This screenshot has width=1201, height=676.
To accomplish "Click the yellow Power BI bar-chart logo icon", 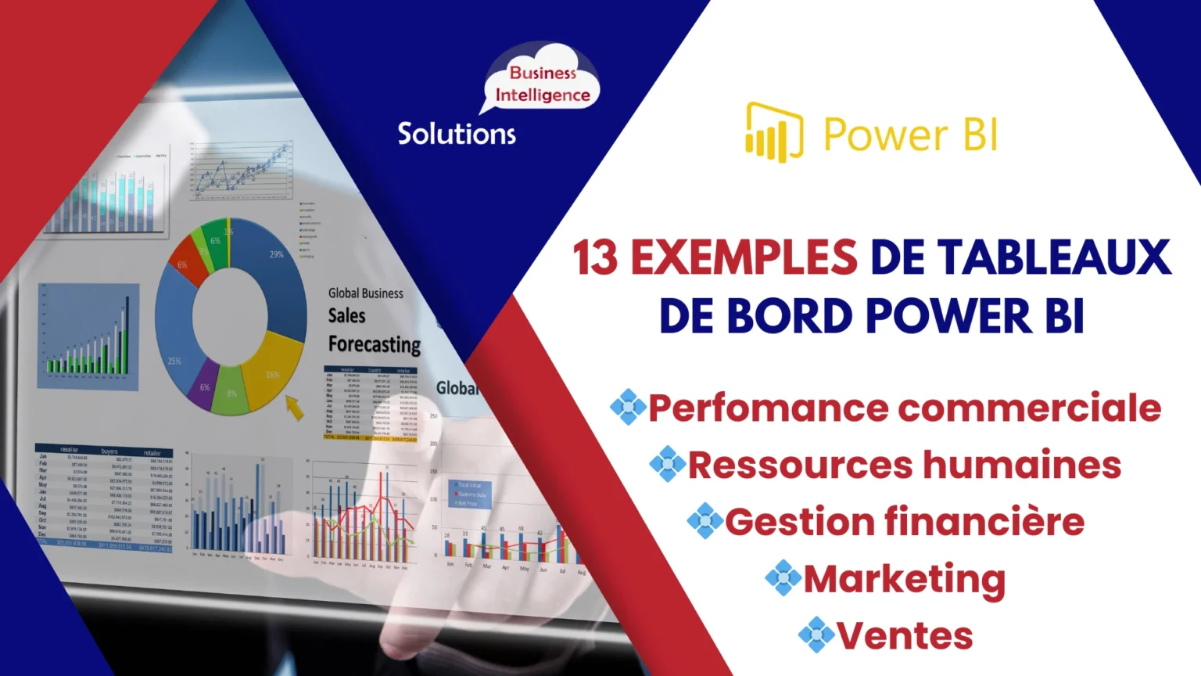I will [773, 132].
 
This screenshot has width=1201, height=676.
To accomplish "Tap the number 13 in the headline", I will [595, 258].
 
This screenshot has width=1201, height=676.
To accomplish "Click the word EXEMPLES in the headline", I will [744, 258].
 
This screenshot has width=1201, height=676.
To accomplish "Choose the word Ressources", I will [799, 465].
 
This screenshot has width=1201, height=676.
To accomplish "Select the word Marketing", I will [904, 580].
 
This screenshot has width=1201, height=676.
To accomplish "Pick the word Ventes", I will [905, 635].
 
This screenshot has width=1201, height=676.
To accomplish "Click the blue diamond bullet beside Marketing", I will [783, 578].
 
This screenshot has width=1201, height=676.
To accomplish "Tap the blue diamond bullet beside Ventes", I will [816, 635].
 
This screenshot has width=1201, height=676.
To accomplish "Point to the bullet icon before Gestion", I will [704, 521].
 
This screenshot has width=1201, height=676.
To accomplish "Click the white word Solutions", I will [457, 134].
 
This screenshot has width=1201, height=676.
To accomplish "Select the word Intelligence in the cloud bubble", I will [543, 95].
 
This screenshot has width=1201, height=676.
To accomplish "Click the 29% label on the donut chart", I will [277, 254].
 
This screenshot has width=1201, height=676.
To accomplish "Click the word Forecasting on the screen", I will [375, 344].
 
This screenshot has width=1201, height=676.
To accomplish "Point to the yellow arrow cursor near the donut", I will [294, 407].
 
